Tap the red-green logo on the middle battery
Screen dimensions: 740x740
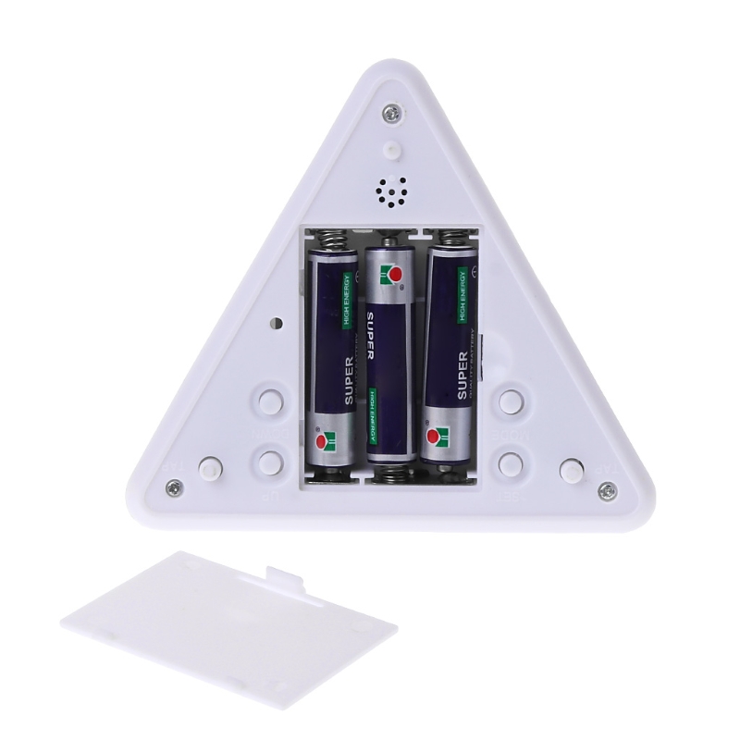click(393, 274)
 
